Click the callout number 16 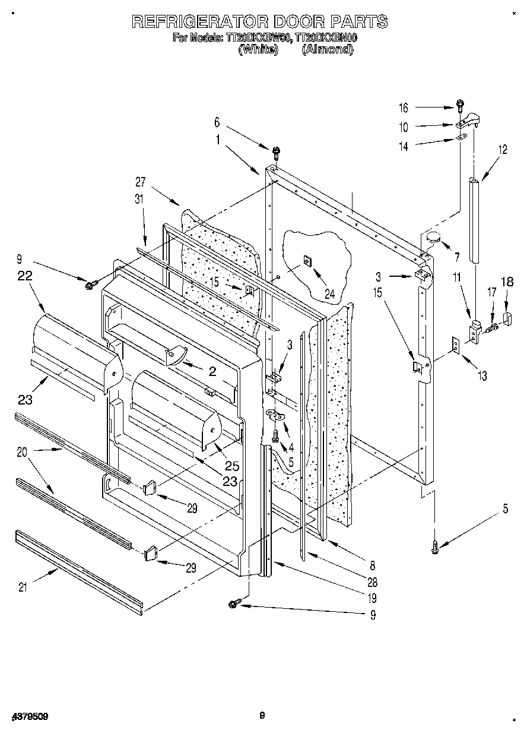[x=404, y=108]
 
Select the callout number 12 [x=503, y=150]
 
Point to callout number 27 [x=140, y=183]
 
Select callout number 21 [x=23, y=587]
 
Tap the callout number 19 [x=373, y=598]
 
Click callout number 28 [x=373, y=582]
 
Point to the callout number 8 [x=373, y=565]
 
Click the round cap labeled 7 [x=431, y=239]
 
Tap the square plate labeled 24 [x=308, y=261]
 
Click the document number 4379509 [x=29, y=716]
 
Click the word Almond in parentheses [x=328, y=50]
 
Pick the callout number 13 [x=482, y=375]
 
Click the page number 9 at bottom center [x=262, y=716]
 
